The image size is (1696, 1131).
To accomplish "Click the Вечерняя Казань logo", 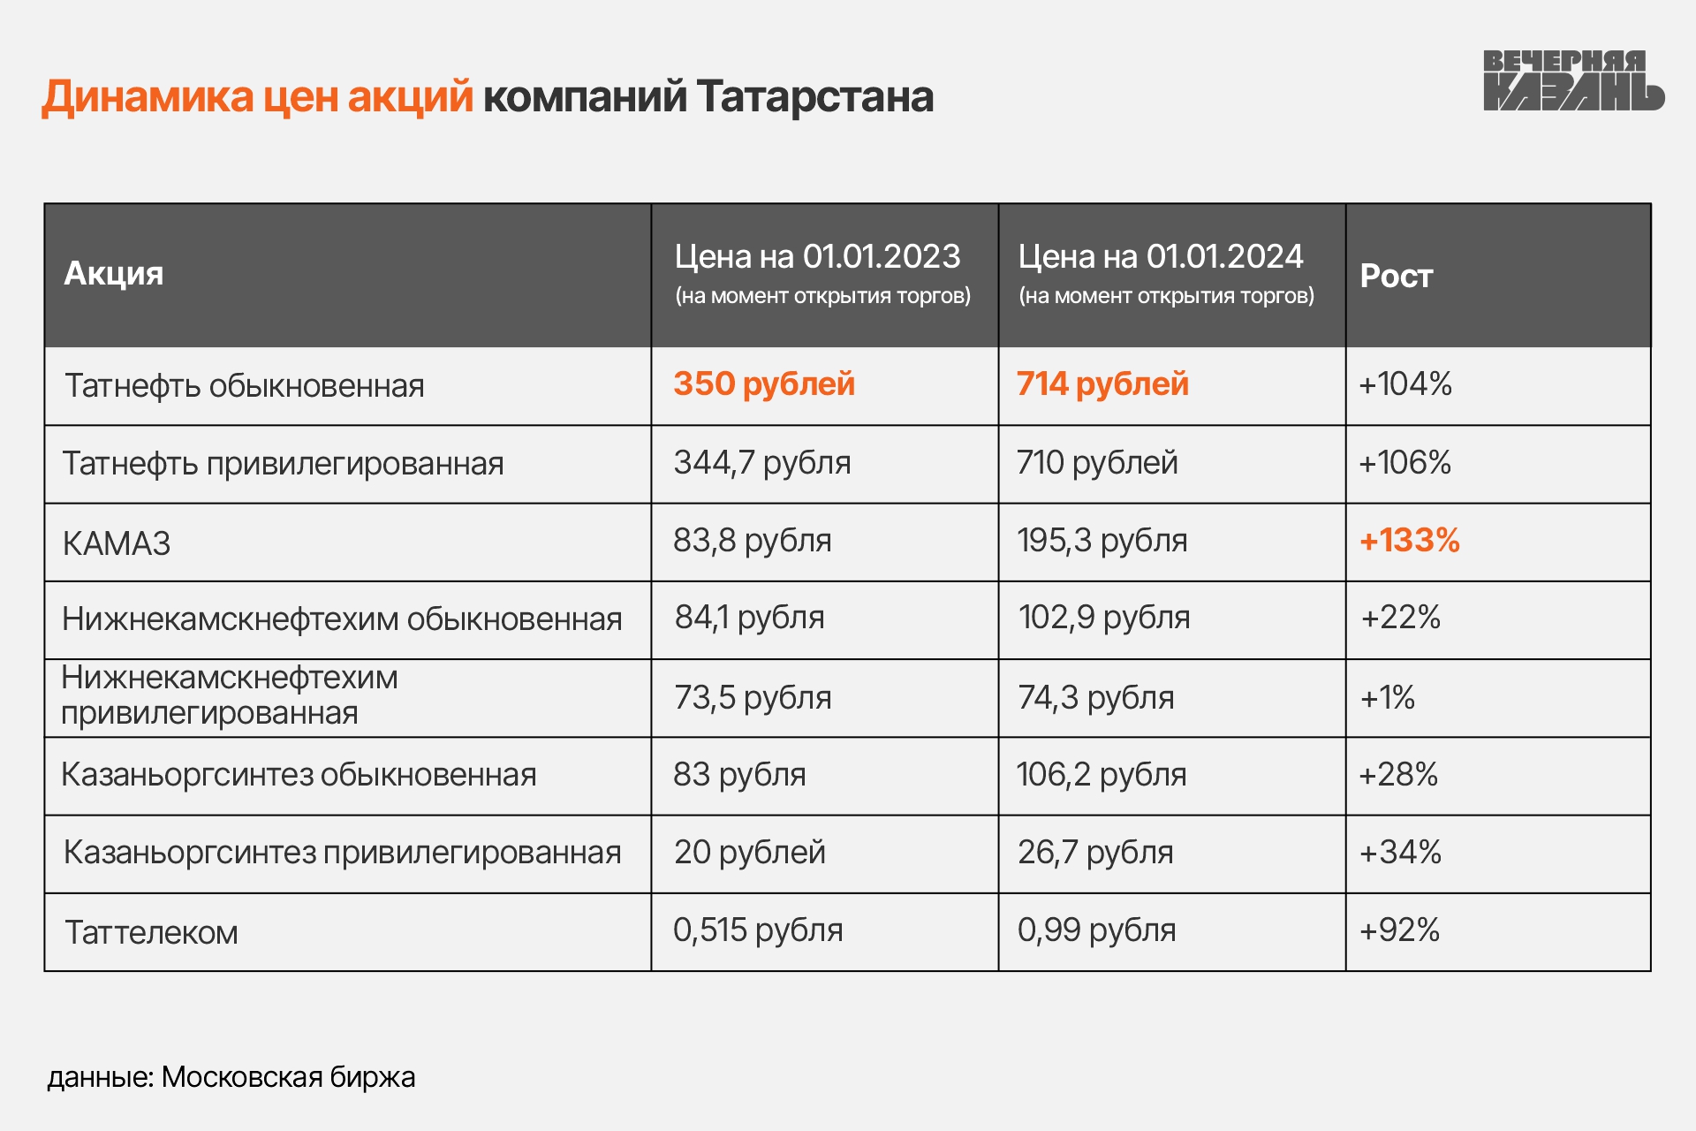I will [1572, 80].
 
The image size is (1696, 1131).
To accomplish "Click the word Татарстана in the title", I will [814, 96].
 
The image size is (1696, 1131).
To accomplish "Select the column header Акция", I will [114, 274].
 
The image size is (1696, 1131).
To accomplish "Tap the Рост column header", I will [1396, 277].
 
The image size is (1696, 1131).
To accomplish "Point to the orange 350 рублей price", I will [764, 384].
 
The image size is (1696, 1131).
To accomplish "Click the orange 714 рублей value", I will [1102, 384].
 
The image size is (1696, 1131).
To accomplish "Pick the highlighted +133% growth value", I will [1409, 541].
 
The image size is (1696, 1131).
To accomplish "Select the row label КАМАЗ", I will [117, 543].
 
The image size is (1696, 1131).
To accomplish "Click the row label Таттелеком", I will [151, 933].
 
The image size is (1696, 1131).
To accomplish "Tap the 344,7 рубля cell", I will [762, 463].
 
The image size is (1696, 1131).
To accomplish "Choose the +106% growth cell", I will [1404, 463].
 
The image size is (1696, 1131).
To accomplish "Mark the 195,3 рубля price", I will [1102, 541].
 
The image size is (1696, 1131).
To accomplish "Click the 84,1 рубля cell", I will [749, 618].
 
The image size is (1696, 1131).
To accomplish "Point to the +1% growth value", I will [1387, 698].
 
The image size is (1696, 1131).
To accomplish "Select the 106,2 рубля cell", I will [1101, 775].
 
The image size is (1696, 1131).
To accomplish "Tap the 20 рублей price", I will [749, 853].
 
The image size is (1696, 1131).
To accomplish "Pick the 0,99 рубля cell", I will [1096, 930].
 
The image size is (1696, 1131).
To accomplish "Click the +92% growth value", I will [1399, 930].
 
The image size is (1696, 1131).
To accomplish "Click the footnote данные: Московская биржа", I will [231, 1077].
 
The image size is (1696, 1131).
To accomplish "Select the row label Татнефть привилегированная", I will [283, 464].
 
